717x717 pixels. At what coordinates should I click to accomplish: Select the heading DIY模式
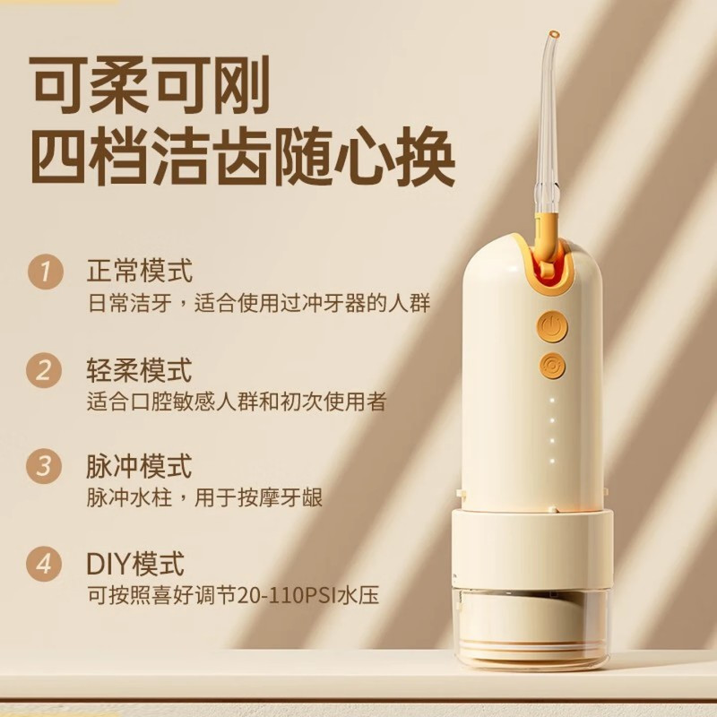pos(136,565)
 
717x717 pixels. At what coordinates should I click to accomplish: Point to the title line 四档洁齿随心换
pos(242,162)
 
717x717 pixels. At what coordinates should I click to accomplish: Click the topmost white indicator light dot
pos(552,400)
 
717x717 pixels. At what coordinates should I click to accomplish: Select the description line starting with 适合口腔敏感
pos(237,401)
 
